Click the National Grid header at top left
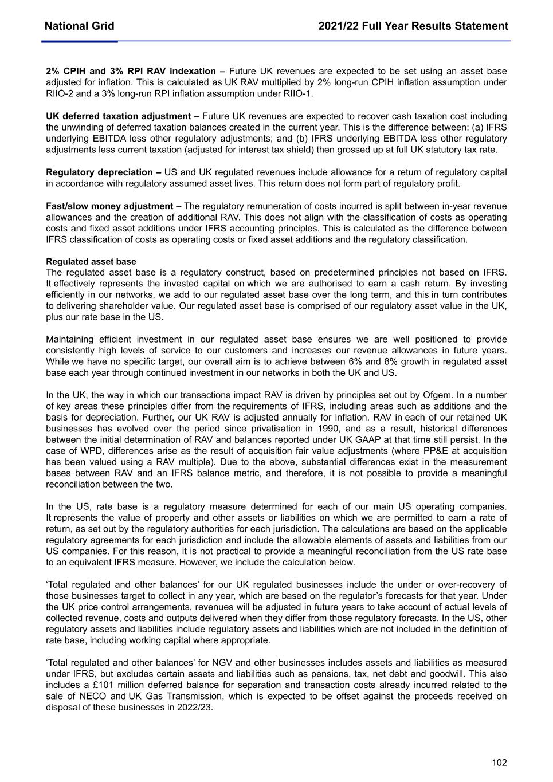79,26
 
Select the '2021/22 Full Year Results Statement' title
413,26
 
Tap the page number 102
499,763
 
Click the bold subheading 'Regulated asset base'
91,262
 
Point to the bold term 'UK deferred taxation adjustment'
122,116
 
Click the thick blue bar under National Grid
80,41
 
